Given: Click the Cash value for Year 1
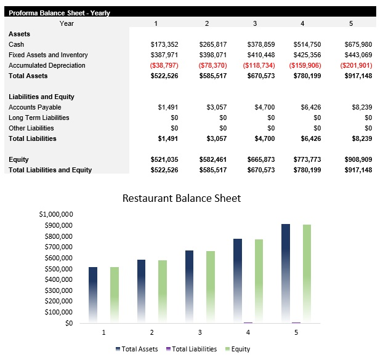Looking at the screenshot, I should [164, 44].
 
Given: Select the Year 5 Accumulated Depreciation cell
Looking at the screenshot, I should [356, 65].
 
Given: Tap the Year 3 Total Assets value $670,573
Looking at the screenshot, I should [260, 76].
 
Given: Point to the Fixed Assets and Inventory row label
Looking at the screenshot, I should [48, 55].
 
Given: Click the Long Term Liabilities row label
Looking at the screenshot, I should [39, 118].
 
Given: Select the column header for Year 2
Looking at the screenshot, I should [207, 23].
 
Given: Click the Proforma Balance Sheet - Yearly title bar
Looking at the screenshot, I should [59, 12].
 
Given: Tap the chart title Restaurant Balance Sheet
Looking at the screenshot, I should [182, 198].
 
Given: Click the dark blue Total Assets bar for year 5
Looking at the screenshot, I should [286, 271].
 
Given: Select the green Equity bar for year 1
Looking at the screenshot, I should [115, 294].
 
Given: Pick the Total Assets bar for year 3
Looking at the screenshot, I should [189, 286].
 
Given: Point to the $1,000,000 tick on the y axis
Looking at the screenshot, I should [57, 214].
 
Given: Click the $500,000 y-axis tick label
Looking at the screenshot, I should [58, 269].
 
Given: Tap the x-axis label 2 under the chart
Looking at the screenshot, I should [152, 333].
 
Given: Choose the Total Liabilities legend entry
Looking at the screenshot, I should [192, 349].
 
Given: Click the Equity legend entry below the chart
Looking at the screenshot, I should [237, 349].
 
